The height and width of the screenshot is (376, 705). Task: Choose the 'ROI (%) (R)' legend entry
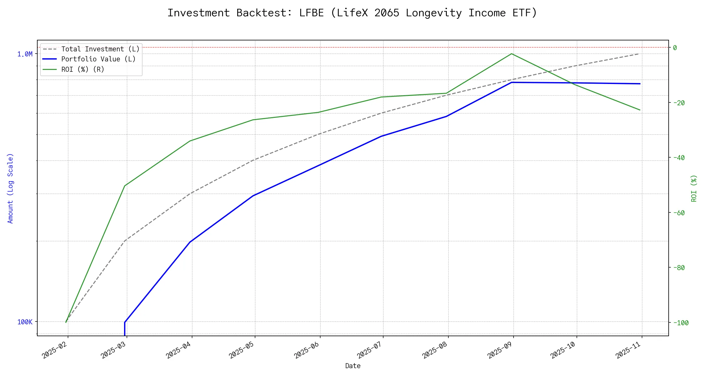point(83,69)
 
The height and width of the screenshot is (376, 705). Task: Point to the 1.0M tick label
point(25,54)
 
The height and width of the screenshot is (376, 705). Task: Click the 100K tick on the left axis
point(25,322)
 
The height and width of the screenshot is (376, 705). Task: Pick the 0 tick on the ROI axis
point(675,48)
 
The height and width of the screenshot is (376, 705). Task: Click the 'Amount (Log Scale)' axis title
point(10,188)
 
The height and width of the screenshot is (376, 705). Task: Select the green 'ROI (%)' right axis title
point(694,188)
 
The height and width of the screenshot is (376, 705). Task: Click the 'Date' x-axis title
point(353,366)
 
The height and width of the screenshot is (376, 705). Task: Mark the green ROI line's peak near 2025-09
point(512,54)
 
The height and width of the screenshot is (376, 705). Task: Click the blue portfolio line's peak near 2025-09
point(512,82)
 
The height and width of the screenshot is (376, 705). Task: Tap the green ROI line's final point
point(640,110)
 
